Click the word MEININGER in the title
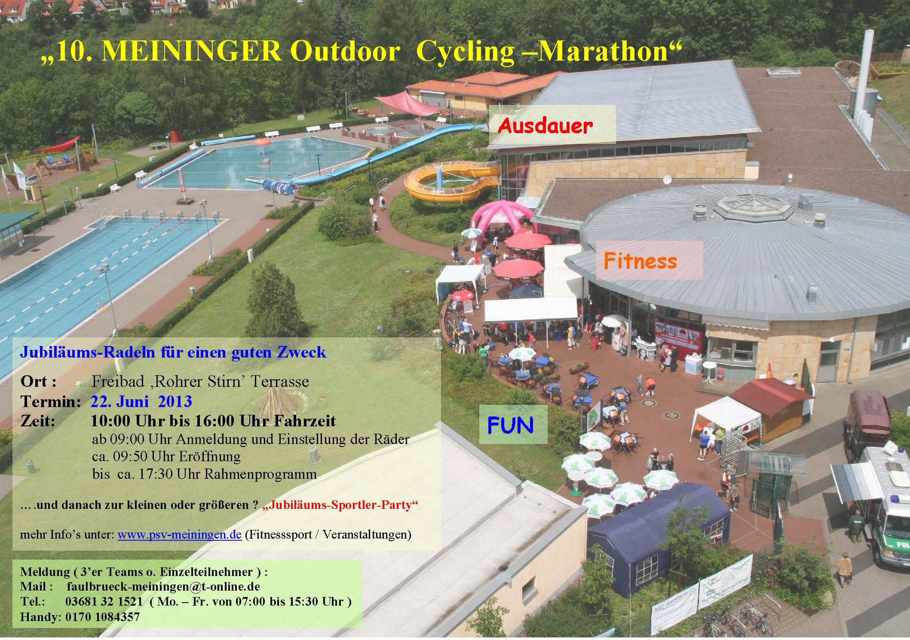point(192,51)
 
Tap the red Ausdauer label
point(545,126)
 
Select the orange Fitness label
point(640,261)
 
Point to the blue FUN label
point(510,425)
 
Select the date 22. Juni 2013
point(141,401)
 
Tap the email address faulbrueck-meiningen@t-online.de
point(164,586)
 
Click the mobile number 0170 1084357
point(103,616)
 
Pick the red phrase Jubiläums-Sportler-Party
point(340,505)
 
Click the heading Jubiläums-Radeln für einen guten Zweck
point(173,352)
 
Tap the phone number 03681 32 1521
point(104,601)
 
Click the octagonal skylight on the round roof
point(754,206)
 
